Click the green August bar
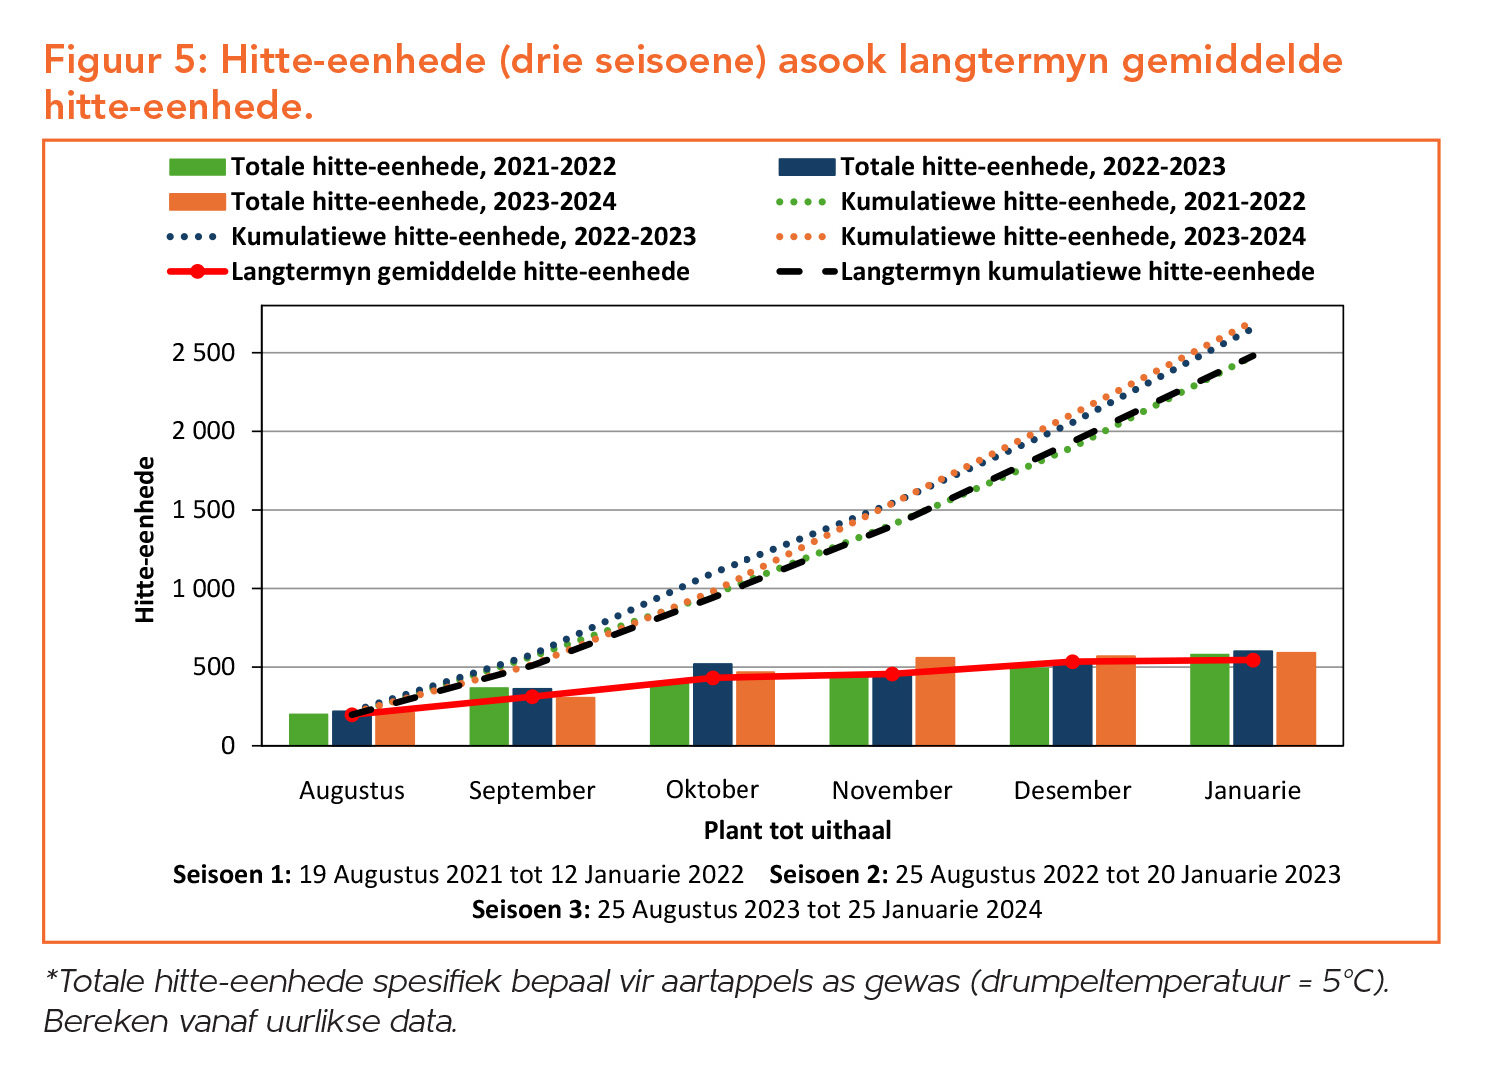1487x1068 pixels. (308, 729)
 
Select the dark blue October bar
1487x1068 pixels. (712, 705)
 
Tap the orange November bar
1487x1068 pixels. (935, 701)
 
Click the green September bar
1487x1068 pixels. (489, 716)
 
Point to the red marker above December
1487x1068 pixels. (1072, 662)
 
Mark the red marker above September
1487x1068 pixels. (532, 696)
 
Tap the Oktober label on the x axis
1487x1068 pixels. (712, 790)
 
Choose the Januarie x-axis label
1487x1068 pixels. (1252, 791)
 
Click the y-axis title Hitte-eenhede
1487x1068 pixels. (146, 540)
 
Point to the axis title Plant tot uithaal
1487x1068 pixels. (796, 831)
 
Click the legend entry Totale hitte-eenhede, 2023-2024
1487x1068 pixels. (423, 202)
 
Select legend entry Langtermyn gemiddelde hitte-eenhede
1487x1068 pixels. (460, 272)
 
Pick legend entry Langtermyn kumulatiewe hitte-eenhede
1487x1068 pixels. (1077, 272)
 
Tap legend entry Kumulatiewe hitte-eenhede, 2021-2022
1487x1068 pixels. (1072, 202)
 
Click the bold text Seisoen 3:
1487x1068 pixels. (531, 910)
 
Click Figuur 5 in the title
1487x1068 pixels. (125, 61)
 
